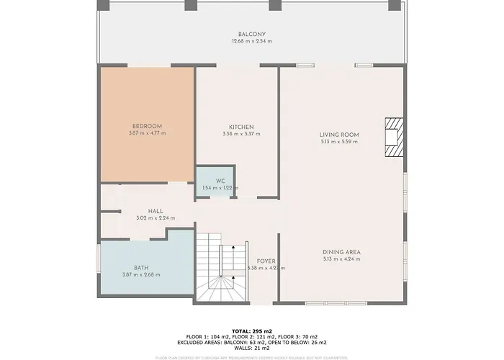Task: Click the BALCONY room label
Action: click(252, 35)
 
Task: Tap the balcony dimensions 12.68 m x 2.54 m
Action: click(252, 41)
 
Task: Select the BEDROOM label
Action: click(147, 126)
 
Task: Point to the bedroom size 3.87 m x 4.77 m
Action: click(147, 133)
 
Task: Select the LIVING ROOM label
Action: click(339, 135)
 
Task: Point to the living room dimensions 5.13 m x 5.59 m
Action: click(339, 142)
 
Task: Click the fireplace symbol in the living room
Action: click(393, 136)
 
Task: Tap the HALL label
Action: click(156, 211)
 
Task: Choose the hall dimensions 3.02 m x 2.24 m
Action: click(156, 218)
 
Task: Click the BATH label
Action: click(141, 268)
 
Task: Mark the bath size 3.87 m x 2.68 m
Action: click(141, 275)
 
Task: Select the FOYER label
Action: click(266, 261)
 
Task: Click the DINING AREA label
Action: click(342, 251)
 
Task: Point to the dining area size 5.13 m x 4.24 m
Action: click(342, 258)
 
